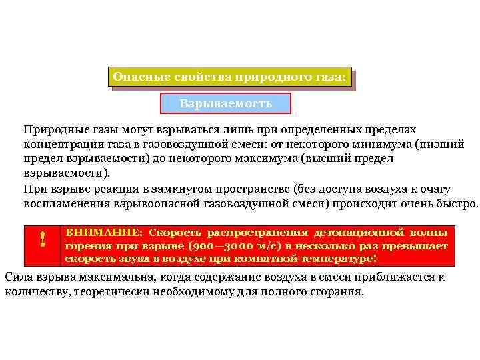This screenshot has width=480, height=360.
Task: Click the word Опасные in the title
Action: click(x=135, y=77)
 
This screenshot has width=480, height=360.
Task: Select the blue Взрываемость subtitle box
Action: click(x=226, y=103)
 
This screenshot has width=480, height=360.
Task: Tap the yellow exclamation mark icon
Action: click(x=42, y=238)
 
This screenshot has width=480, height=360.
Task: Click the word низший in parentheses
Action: click(x=444, y=144)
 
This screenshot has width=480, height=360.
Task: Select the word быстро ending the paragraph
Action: click(x=457, y=203)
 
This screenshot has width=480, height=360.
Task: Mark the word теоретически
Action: click(x=111, y=291)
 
